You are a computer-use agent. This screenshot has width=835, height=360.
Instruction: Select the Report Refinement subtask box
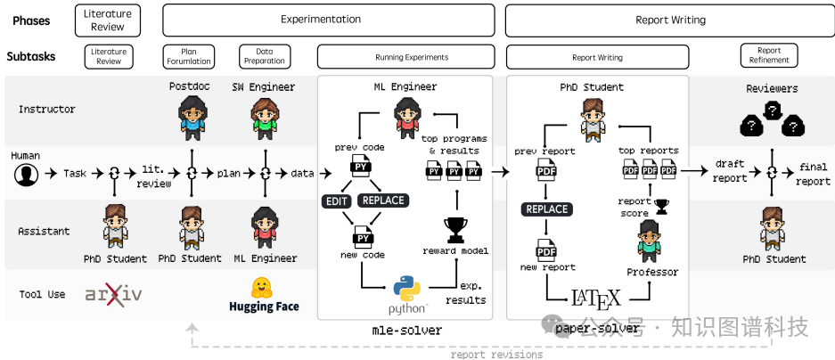pos(768,56)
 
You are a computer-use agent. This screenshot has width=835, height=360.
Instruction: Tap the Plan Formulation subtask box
pos(189,56)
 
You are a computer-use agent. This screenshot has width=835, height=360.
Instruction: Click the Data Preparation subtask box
pos(265,56)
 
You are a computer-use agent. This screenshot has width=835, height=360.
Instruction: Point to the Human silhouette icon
pos(26,173)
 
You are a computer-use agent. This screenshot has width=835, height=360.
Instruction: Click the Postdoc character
pos(190,115)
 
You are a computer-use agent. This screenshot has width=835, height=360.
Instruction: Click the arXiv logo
pos(113,295)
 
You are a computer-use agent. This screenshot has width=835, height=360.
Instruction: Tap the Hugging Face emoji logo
pos(263,286)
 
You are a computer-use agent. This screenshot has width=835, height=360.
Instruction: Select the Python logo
pos(406,290)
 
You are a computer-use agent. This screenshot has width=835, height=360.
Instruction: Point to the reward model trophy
pos(455,229)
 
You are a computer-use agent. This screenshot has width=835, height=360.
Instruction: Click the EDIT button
pos(337,201)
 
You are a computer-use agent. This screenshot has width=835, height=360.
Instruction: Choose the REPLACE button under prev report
pos(546,209)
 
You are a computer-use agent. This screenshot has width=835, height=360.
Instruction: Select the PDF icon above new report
pos(546,249)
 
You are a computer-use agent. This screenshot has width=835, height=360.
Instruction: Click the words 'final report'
pos(813,173)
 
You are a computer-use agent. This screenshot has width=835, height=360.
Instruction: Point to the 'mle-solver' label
pos(406,331)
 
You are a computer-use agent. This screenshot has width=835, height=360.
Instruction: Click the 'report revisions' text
pos(496,355)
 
